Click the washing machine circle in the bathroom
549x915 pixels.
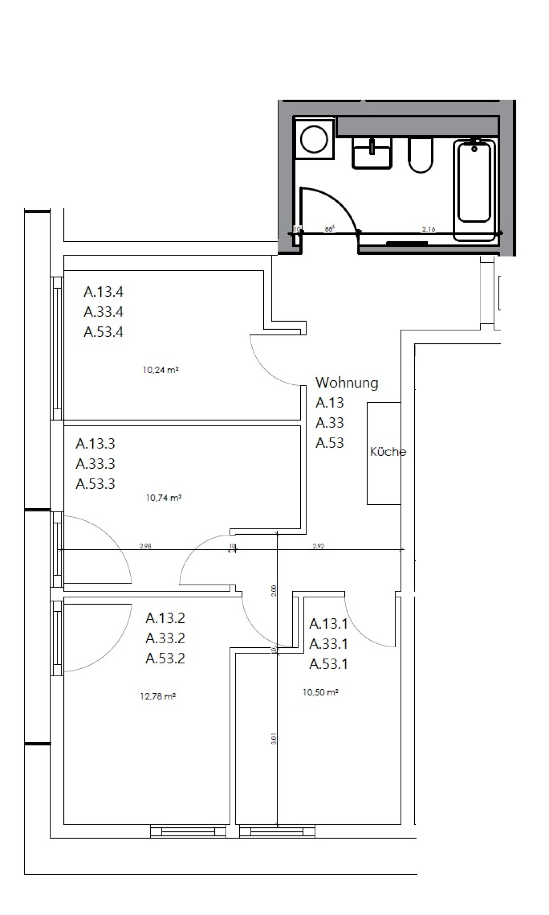point(314,140)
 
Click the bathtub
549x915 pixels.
point(474,185)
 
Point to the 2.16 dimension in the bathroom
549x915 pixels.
point(429,229)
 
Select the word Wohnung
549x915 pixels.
point(346,383)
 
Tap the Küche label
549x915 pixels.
point(388,451)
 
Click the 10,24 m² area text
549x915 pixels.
point(160,370)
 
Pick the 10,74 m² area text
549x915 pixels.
point(163,498)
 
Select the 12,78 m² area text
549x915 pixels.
point(157,696)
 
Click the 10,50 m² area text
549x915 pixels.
point(320,692)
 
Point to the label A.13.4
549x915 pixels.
point(104,292)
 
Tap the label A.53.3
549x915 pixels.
point(96,483)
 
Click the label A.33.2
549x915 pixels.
point(165,638)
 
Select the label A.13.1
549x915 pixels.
point(329,623)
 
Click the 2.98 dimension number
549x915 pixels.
point(145,546)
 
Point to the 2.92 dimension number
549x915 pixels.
point(318,546)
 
